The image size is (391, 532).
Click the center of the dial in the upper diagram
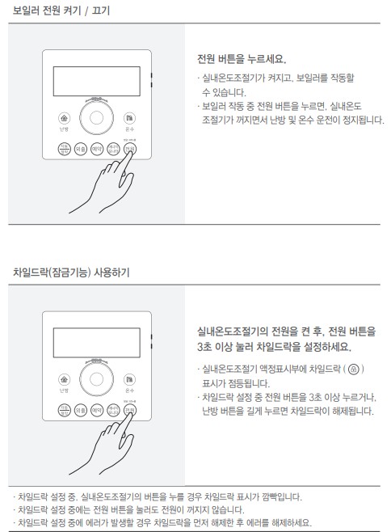click(97, 117)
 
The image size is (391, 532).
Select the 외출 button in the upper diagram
click(80, 149)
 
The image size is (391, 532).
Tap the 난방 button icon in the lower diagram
click(64, 378)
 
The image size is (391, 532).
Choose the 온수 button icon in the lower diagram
click(129, 378)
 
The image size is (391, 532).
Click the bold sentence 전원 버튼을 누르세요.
click(242, 60)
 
